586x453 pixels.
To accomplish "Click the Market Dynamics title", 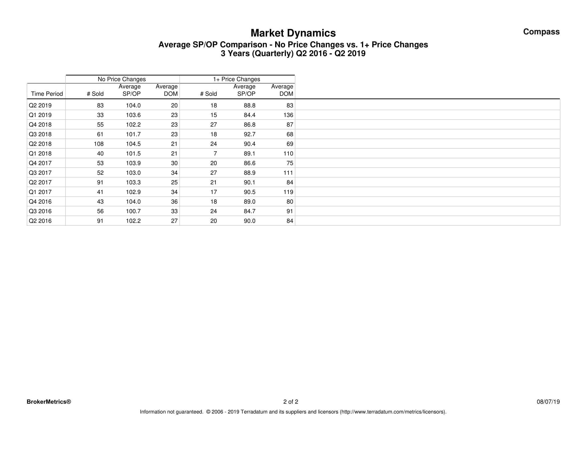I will tap(293, 33).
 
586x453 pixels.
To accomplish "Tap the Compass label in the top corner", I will tap(541, 32).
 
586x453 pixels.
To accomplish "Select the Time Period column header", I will tap(47, 94).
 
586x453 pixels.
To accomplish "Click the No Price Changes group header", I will tap(122, 79).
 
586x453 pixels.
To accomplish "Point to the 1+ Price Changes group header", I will tap(236, 79).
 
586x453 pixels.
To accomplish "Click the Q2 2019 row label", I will tap(40, 106).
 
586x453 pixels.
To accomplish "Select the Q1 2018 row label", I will tap(40, 153).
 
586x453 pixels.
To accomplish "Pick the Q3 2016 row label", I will tap(40, 211).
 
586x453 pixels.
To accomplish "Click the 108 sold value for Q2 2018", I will tap(99, 144).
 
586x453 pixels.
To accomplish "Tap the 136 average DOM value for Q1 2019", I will tap(288, 115).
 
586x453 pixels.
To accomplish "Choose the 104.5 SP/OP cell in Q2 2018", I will tap(133, 144).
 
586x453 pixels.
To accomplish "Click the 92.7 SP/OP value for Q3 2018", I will tap(250, 134).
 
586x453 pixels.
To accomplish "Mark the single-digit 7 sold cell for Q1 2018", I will tap(215, 153).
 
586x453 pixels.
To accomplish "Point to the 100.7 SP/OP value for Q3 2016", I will tap(133, 211).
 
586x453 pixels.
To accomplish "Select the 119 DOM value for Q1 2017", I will tap(288, 192).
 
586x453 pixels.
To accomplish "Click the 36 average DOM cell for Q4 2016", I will tap(174, 202).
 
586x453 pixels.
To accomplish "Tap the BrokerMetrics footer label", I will tap(49, 402).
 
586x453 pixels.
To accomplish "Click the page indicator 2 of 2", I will tap(291, 402).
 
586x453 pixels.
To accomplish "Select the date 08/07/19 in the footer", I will tap(548, 402).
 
